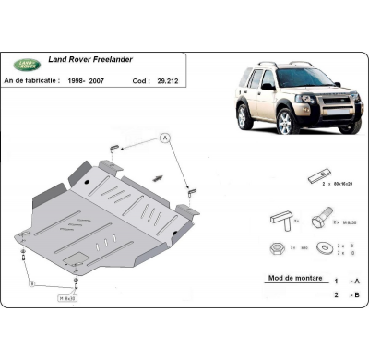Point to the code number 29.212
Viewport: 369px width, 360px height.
[167, 80]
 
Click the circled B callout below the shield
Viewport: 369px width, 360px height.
[32, 285]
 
